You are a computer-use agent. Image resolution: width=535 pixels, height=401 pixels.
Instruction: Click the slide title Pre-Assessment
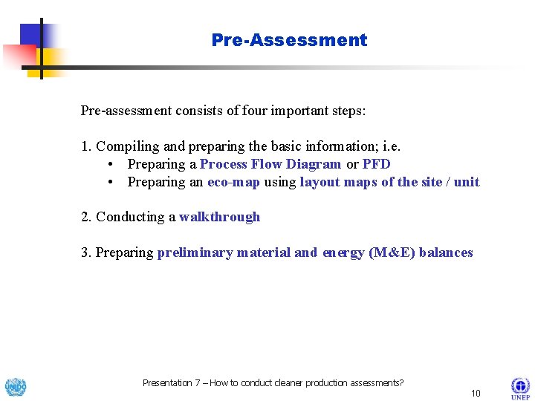coord(289,40)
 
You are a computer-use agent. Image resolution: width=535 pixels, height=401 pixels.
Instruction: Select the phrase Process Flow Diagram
coord(270,164)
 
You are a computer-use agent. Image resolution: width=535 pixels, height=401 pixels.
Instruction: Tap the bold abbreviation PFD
coord(376,164)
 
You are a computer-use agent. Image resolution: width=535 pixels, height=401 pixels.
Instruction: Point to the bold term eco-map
coord(233,182)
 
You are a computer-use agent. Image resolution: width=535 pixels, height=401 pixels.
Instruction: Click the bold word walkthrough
coord(219,217)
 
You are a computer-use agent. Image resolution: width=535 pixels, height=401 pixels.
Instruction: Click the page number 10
coord(476,393)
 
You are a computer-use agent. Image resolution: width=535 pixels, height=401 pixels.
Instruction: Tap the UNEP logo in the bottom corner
coord(520,388)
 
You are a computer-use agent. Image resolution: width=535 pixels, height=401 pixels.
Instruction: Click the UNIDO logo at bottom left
coord(15,388)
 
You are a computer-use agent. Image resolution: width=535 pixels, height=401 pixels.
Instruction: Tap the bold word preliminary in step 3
coord(195,252)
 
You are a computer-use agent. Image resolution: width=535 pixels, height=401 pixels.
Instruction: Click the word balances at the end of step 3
coord(446,252)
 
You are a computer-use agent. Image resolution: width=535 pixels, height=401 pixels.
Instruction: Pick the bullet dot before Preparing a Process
coord(110,164)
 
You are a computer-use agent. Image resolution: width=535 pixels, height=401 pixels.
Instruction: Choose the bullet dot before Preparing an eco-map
coord(110,182)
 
